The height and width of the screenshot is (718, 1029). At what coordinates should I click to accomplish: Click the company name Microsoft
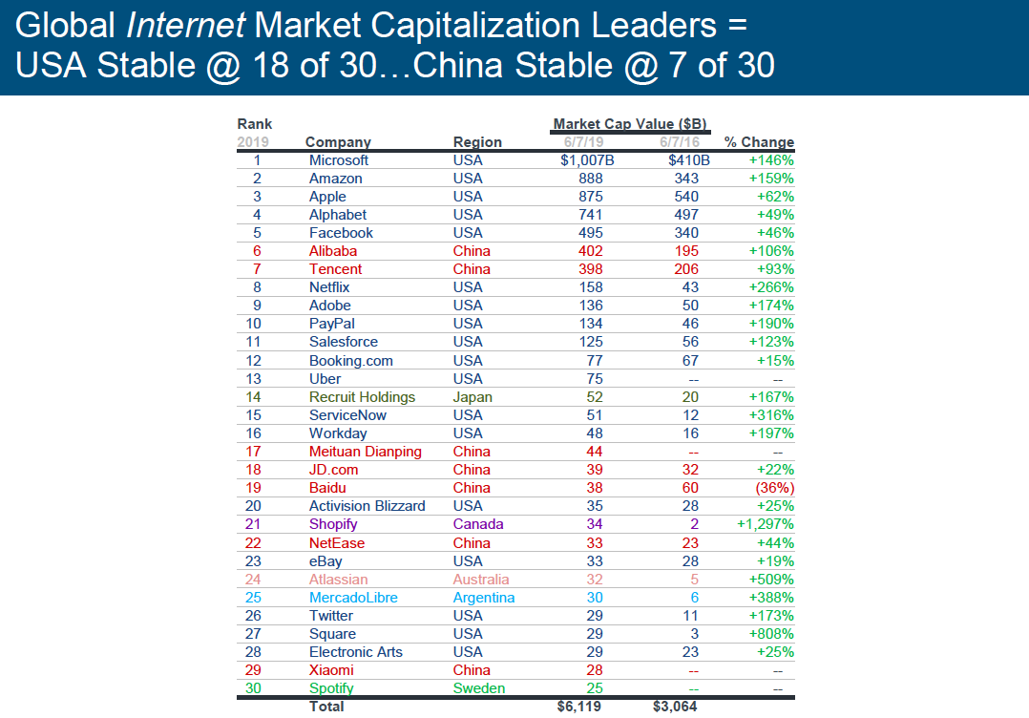tap(339, 160)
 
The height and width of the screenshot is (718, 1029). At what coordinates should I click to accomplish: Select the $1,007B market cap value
tap(587, 160)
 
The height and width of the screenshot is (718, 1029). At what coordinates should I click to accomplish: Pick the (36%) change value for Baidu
tap(774, 488)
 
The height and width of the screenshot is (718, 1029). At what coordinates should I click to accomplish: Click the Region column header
tap(477, 142)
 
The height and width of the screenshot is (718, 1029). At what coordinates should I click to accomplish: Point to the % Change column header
tap(759, 142)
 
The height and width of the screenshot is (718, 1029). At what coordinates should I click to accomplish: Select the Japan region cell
tap(472, 397)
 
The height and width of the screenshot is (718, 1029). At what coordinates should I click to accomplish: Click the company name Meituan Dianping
tap(366, 452)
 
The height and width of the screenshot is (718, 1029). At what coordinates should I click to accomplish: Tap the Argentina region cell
tap(484, 598)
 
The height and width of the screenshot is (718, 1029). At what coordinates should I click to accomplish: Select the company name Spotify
tap(331, 688)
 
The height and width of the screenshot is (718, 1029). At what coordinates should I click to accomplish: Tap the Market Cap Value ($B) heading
tap(630, 124)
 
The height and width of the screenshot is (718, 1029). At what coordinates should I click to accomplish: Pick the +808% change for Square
tap(772, 634)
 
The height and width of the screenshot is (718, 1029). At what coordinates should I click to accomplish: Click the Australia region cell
tap(481, 580)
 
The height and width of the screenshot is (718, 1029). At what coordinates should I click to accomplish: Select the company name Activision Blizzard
tap(367, 506)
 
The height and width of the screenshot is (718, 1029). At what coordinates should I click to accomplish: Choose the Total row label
tap(326, 707)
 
